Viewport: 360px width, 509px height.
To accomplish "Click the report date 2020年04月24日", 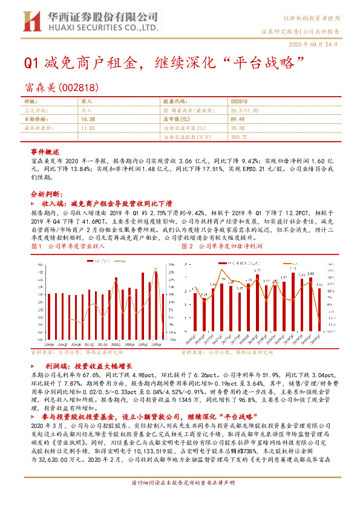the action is [x=319, y=45].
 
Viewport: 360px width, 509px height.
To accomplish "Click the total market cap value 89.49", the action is [x=238, y=120].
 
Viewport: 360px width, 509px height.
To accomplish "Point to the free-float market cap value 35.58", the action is [x=238, y=128].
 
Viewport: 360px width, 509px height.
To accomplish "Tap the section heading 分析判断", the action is [x=46, y=194].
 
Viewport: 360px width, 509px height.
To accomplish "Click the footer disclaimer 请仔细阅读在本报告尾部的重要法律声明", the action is [x=180, y=499].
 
